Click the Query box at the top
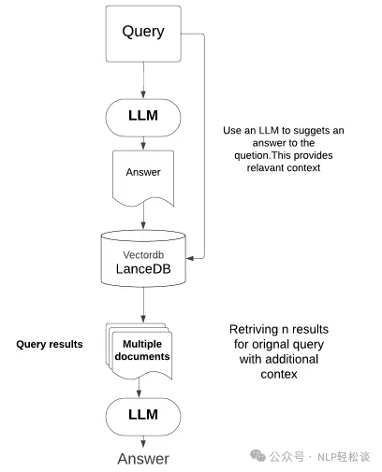tap(143, 34)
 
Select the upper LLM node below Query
tap(143, 118)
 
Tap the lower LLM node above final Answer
tap(143, 417)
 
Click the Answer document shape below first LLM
tap(143, 179)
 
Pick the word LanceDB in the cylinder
tap(143, 269)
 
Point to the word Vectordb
tap(143, 255)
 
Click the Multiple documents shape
tap(140, 351)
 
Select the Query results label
tap(50, 344)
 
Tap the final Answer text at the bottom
tap(143, 459)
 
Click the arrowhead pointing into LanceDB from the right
tap(190, 258)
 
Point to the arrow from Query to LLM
tap(143, 80)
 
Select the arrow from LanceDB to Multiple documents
tap(143, 305)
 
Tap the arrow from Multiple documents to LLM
tap(139, 387)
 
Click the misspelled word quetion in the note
tap(252, 155)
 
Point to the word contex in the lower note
tap(279, 374)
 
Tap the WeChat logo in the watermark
tap(257, 456)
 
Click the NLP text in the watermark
tap(327, 457)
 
